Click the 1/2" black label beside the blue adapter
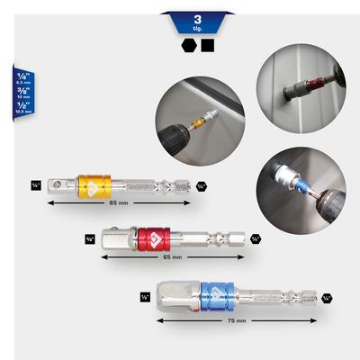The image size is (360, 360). point(145,296)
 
